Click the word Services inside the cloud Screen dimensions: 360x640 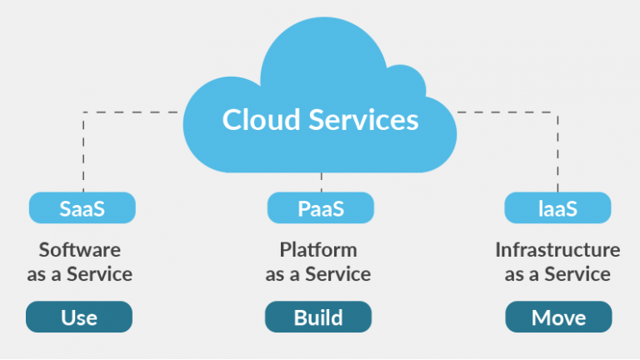pyautogui.click(x=362, y=120)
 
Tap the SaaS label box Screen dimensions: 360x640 pyautogui.click(x=82, y=208)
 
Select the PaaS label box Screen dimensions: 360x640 pyautogui.click(x=321, y=208)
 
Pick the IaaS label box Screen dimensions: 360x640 pyautogui.click(x=557, y=208)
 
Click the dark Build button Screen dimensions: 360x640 pyautogui.click(x=318, y=317)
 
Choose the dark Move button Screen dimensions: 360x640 pyautogui.click(x=558, y=317)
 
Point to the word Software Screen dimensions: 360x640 pyautogui.click(x=80, y=249)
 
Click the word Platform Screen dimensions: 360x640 pyautogui.click(x=318, y=249)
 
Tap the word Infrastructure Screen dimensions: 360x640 pyautogui.click(x=557, y=249)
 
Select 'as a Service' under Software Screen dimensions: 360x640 pyautogui.click(x=80, y=274)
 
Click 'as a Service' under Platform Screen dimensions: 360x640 pyautogui.click(x=318, y=274)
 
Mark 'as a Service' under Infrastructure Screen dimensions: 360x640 pyautogui.click(x=557, y=274)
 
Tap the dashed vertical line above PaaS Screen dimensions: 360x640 pyautogui.click(x=321, y=182)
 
